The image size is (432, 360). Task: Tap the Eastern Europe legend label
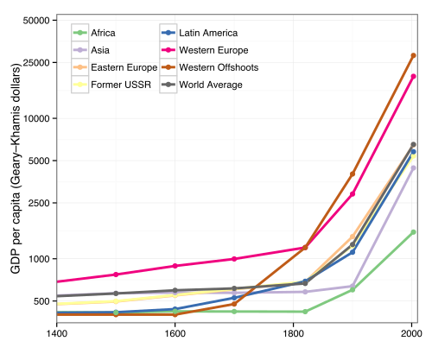pyautogui.click(x=118, y=67)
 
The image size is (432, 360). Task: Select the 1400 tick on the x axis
pyautogui.click(x=56, y=332)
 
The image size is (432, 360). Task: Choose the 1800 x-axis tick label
pyautogui.click(x=293, y=332)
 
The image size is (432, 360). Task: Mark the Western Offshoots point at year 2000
pyautogui.click(x=413, y=55)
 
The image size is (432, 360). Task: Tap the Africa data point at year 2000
pyautogui.click(x=413, y=232)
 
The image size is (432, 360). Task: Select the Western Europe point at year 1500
pyautogui.click(x=116, y=275)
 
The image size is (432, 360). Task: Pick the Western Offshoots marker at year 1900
pyautogui.click(x=353, y=174)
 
